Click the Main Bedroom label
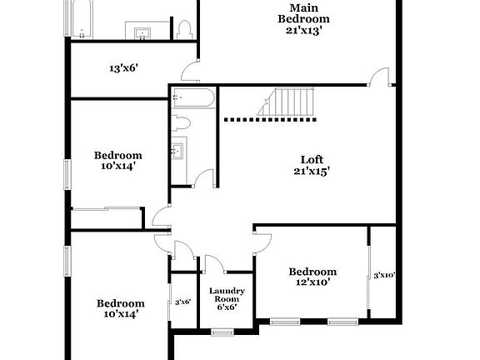tap(303, 13)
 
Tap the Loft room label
tap(312, 159)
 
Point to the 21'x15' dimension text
tap(312, 172)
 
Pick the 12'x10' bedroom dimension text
tap(312, 282)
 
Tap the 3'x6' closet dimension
tap(182, 302)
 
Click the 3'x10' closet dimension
tap(383, 275)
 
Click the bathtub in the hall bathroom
tap(193, 100)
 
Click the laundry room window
tap(222, 332)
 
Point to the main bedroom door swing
tap(380, 77)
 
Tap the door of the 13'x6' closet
tap(192, 72)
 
